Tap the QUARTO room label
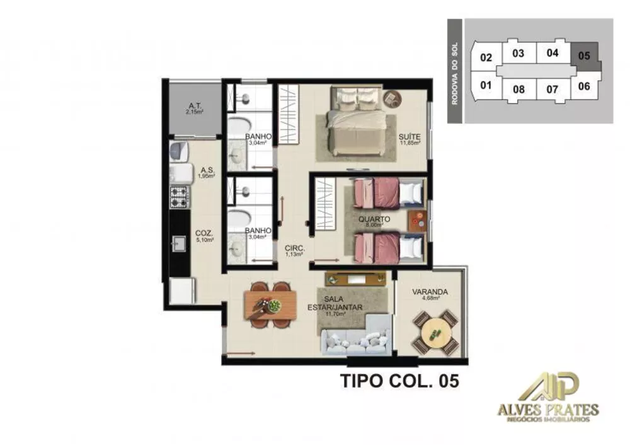[x=374, y=219]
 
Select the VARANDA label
[x=430, y=292]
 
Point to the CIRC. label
[x=295, y=249]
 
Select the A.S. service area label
[x=207, y=170]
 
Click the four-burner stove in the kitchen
[x=180, y=196]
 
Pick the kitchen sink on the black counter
[x=179, y=241]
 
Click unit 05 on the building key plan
[x=584, y=55]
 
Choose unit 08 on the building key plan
[x=518, y=89]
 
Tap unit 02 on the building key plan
[x=486, y=57]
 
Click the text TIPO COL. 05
[x=399, y=381]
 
